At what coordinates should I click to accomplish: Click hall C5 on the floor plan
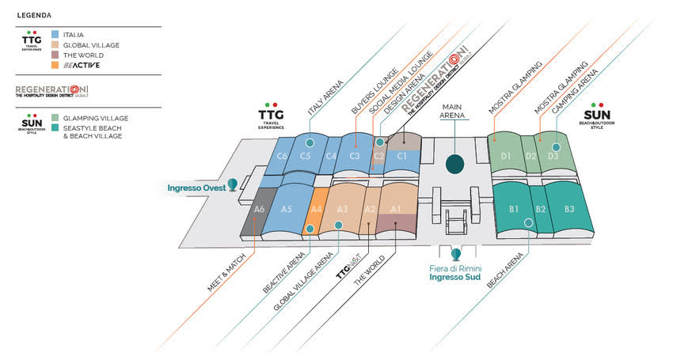[305, 157]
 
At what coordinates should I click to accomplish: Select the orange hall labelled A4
[317, 210]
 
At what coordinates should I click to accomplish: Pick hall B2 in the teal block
[542, 210]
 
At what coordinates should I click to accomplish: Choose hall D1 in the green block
[506, 157]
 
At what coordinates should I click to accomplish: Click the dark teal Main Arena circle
[455, 163]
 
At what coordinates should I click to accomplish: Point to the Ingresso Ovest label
[196, 188]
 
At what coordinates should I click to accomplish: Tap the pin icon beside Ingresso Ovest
[233, 184]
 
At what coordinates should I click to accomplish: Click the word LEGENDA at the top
[35, 14]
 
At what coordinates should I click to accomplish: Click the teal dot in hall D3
[557, 147]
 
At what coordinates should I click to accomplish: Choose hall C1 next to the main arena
[402, 156]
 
